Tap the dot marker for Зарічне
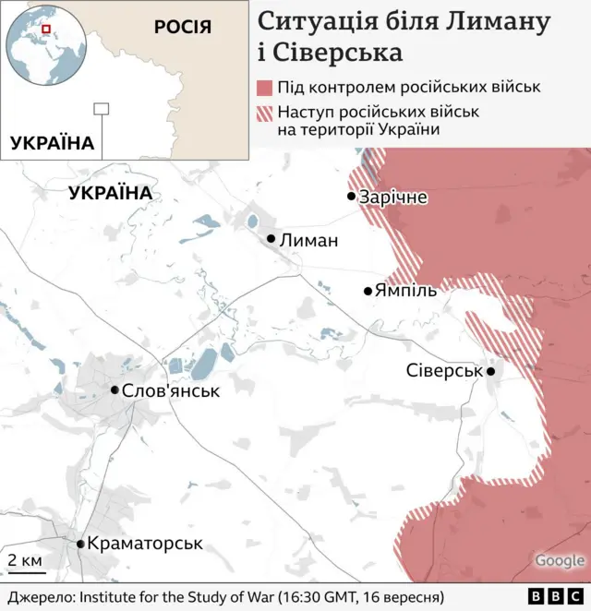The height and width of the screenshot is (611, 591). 352,197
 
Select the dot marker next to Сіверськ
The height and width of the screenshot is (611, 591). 491,371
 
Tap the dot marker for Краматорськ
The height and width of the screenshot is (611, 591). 80,544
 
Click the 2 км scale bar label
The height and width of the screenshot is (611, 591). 25,560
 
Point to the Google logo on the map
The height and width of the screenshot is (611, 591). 560,560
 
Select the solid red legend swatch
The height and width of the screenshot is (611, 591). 264,88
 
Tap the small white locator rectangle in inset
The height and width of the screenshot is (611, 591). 102,109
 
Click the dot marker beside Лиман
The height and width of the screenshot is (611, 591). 271,239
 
